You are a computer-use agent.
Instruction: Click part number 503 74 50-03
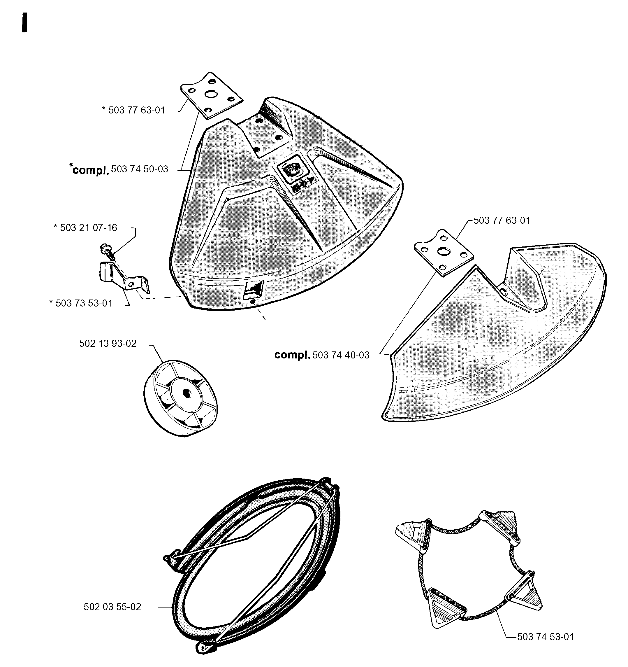point(140,169)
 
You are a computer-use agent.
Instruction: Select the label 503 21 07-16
point(85,228)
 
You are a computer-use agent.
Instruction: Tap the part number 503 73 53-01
point(81,303)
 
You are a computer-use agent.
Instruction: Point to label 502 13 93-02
point(108,344)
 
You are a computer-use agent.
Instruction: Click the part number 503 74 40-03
point(341,355)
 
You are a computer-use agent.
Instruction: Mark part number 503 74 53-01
point(546,637)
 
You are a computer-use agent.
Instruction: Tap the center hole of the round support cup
point(185,392)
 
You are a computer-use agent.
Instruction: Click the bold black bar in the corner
point(24,23)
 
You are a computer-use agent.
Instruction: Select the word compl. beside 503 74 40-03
point(292,355)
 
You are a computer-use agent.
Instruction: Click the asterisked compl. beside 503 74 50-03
point(89,169)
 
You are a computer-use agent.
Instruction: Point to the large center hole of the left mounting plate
point(211,95)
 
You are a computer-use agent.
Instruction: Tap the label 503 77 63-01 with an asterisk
point(133,110)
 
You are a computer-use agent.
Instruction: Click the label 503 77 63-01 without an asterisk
point(502,220)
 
